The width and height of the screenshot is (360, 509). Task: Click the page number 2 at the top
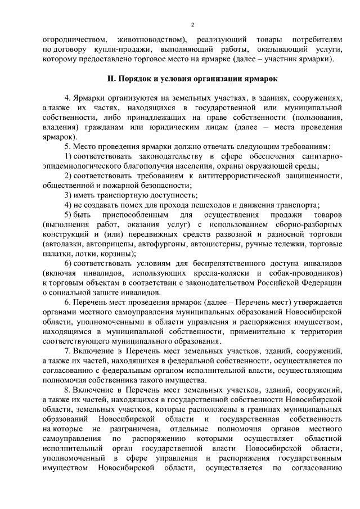tap(192, 25)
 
